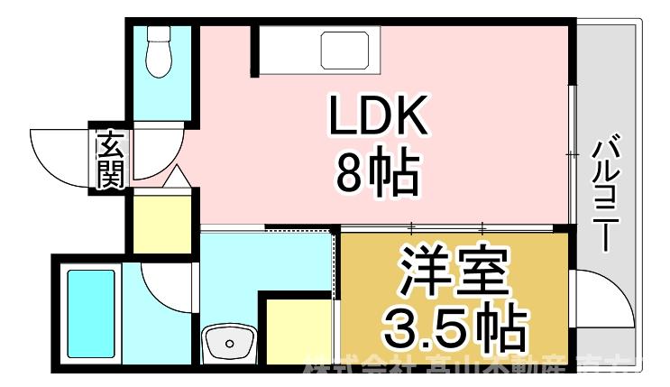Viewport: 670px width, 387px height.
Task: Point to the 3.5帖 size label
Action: click(453, 327)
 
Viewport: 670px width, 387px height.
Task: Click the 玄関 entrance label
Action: click(110, 161)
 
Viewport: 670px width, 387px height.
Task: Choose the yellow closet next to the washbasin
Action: click(298, 328)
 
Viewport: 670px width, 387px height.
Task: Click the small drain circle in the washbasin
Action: click(229, 343)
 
